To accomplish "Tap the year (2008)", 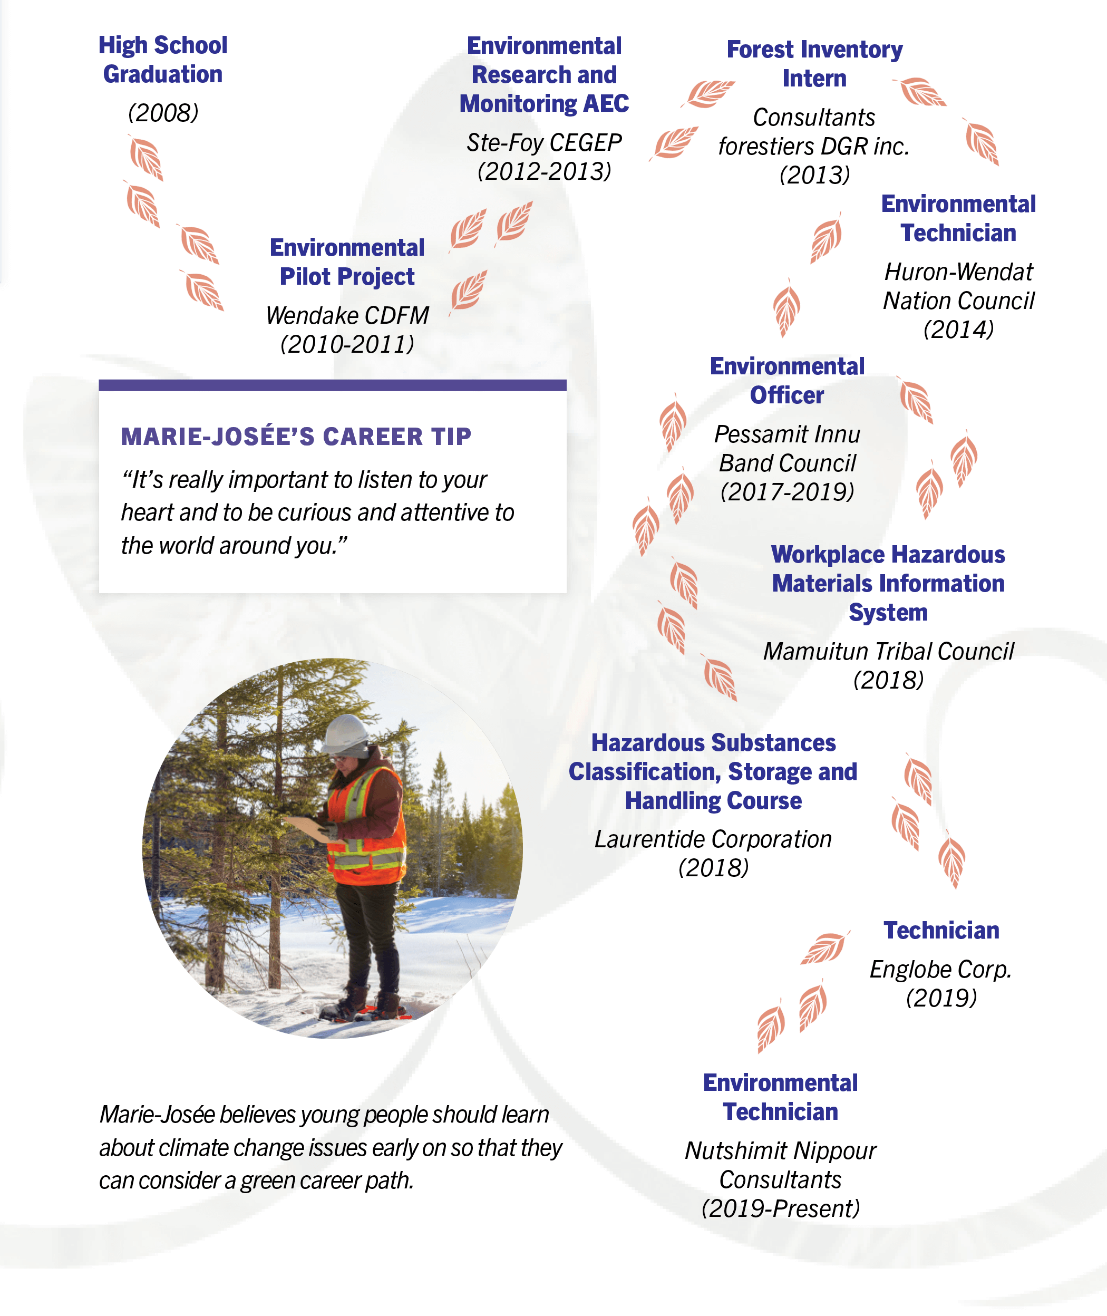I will point(163,113).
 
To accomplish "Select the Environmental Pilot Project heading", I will point(347,262).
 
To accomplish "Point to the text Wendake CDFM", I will point(347,315).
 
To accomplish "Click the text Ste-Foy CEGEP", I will point(543,142).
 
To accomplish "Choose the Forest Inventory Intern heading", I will point(814,63).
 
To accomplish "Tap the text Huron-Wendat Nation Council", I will point(958,286).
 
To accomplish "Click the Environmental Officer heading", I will point(787,380).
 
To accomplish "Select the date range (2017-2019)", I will point(787,491).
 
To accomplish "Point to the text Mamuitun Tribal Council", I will point(888,652).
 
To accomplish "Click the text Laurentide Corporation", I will point(713,839).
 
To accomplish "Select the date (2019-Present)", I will point(780,1208).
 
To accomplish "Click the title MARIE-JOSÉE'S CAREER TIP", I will point(296,436).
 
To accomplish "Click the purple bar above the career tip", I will point(332,385).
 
